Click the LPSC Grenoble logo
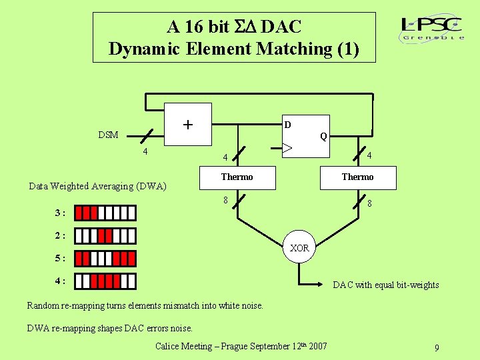[432, 29]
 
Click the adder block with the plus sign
[188, 124]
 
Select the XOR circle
[300, 248]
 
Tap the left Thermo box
[237, 177]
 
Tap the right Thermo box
[358, 177]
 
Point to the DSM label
[108, 135]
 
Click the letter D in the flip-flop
[287, 125]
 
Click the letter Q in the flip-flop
[323, 136]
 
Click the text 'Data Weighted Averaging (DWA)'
[97, 186]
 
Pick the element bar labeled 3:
[105, 213]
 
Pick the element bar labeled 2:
[105, 236]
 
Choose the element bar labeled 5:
[105, 259]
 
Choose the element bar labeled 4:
[105, 281]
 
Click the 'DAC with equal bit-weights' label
[386, 285]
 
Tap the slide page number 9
[436, 348]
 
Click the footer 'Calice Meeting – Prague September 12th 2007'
[241, 346]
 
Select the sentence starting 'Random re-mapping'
[145, 305]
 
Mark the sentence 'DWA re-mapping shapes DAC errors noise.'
[109, 328]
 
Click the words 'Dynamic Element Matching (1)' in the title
[233, 49]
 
